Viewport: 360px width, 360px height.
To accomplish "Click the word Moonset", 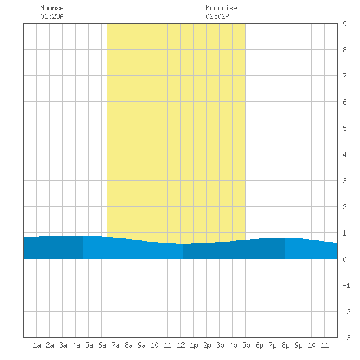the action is (54, 8).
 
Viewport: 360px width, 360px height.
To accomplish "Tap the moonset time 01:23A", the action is (52, 16).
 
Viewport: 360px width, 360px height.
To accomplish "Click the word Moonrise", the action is (221, 8).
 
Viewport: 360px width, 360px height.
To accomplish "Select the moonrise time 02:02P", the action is (217, 16).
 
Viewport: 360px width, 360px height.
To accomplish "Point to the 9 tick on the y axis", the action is (344, 24).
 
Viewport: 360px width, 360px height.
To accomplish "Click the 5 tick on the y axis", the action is (344, 128).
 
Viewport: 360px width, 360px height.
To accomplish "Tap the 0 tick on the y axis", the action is (344, 259).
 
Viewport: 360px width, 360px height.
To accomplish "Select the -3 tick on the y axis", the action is (346, 338).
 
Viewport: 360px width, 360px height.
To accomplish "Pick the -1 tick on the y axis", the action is (346, 285).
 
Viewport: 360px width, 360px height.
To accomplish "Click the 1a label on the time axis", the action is (37, 345).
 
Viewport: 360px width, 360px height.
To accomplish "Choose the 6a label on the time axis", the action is (102, 345).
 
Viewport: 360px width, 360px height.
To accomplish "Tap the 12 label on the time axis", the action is (181, 345).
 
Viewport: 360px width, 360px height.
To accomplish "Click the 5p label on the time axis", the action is (246, 345).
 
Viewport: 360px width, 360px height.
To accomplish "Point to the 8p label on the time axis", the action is (285, 345).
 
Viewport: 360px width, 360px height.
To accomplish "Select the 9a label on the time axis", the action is (141, 345).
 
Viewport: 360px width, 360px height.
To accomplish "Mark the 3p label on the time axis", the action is (220, 345).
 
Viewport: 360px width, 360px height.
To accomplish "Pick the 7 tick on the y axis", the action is (344, 76).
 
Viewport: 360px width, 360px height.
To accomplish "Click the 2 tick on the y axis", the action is (344, 207).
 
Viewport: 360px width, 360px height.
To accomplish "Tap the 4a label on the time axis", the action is (76, 345).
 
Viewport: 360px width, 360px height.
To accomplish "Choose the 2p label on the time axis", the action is (207, 345).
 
